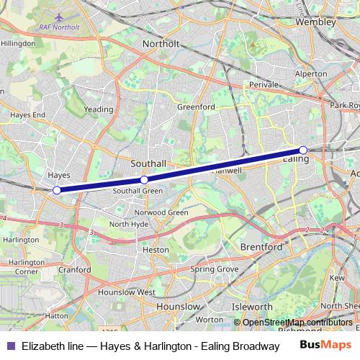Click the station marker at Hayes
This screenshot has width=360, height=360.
tap(57, 190)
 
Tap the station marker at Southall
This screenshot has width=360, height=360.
tap(144, 179)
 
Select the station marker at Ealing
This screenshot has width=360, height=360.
tap(303, 150)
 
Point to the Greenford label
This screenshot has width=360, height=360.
tap(197, 107)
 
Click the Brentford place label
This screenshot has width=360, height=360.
tap(261, 246)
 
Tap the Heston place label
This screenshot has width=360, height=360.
tap(156, 249)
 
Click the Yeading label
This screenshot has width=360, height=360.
tap(99, 109)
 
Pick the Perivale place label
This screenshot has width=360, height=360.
tap(264, 84)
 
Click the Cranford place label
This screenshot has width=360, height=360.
tap(76, 270)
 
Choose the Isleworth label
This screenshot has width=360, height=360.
tap(252, 307)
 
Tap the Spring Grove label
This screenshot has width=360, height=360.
tap(214, 269)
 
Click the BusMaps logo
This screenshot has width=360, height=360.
tap(325, 346)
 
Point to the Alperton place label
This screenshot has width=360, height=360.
tap(310, 73)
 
